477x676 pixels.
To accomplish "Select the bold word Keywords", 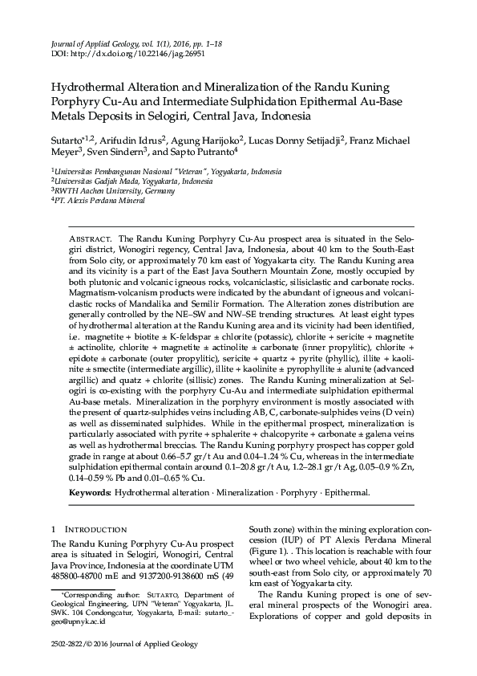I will click(x=91, y=491).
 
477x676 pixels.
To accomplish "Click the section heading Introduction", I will click(x=95, y=531).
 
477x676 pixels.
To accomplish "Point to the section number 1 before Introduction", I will click(x=53, y=531).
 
